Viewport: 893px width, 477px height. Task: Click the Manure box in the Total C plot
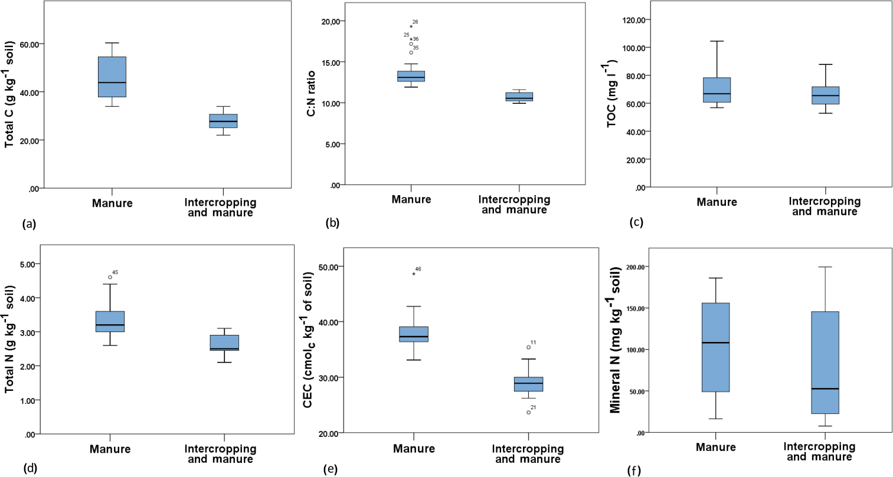(112, 77)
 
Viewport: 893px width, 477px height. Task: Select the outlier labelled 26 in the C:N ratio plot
(411, 27)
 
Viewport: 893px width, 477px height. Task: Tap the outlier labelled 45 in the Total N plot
(110, 277)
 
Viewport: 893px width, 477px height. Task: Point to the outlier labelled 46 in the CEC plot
(414, 274)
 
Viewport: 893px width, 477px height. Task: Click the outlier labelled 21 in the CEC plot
(528, 412)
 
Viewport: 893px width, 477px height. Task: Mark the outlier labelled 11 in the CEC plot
(528, 347)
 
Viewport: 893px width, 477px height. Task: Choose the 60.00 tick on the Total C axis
(30, 44)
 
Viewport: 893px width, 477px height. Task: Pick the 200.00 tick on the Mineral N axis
(637, 267)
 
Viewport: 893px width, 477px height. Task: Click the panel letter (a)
(29, 224)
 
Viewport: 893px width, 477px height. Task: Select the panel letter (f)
(634, 471)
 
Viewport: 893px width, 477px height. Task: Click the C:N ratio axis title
(311, 93)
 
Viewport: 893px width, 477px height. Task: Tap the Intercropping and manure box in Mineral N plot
(825, 363)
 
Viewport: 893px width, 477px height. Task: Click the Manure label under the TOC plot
(717, 202)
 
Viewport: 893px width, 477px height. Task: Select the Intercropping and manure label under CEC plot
(528, 454)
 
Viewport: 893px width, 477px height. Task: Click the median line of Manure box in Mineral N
(715, 343)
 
